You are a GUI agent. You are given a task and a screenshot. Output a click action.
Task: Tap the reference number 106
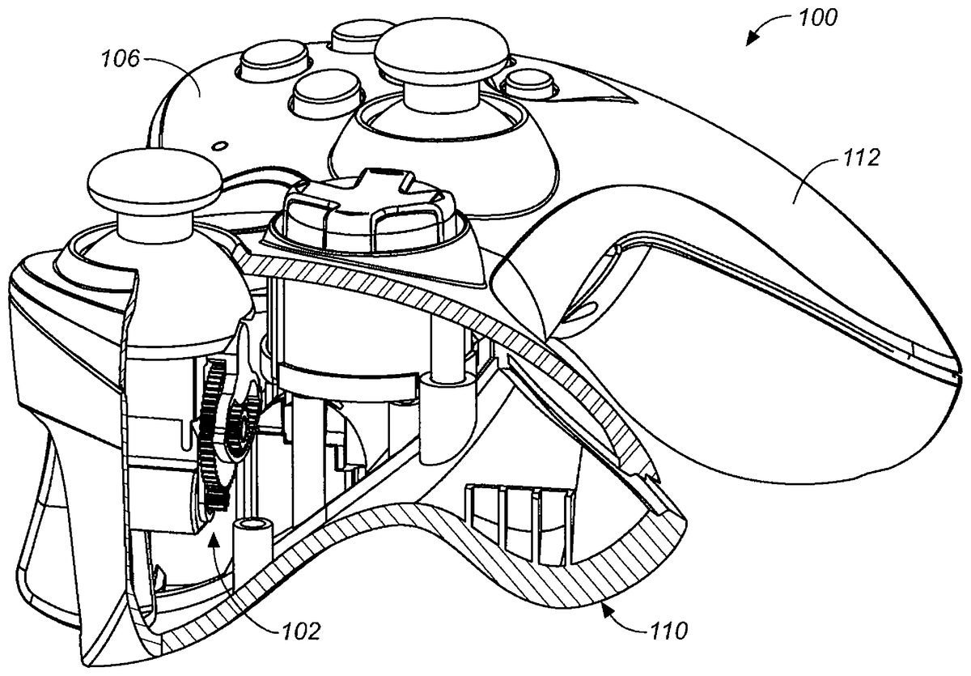(120, 57)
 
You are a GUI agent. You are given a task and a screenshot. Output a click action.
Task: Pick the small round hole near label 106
(218, 146)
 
